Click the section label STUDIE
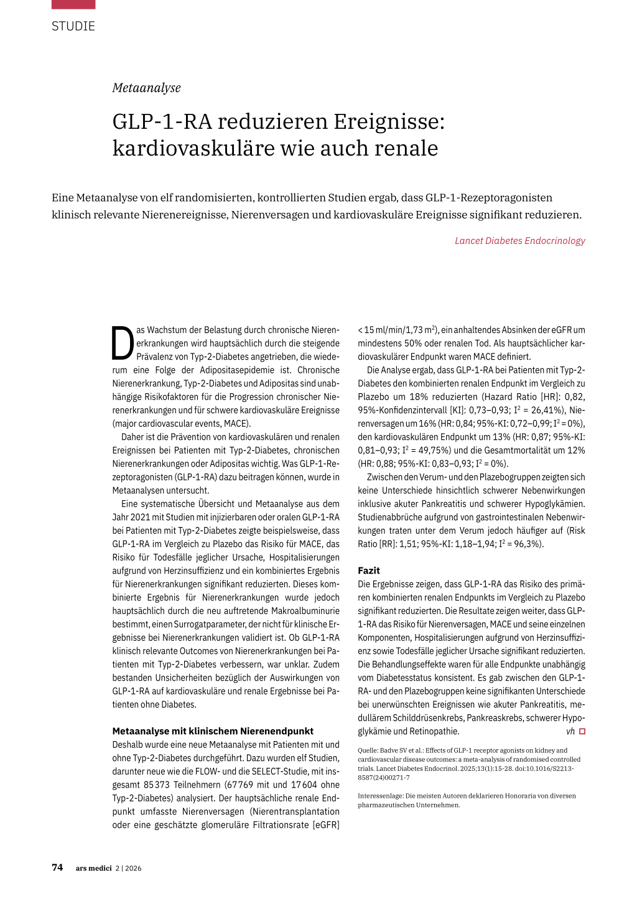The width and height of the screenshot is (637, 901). pos(73,26)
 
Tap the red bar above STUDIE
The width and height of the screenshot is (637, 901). pos(73,4)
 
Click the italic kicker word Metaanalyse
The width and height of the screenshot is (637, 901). pos(146,88)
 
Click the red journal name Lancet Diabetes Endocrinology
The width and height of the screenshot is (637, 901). pos(519,241)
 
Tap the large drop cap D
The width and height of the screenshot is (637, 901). pos(123,343)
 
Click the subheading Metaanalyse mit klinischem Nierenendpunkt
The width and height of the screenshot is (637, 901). pos(213,731)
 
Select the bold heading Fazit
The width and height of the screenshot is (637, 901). pos(369,571)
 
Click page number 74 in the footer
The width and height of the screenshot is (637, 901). pos(57,867)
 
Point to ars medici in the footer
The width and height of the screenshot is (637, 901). pos(94,868)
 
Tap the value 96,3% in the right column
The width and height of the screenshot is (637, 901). pos(528,544)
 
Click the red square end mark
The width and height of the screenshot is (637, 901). pos(582,732)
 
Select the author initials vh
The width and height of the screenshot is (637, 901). pos(570,732)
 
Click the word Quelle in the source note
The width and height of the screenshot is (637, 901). pos(368,750)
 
